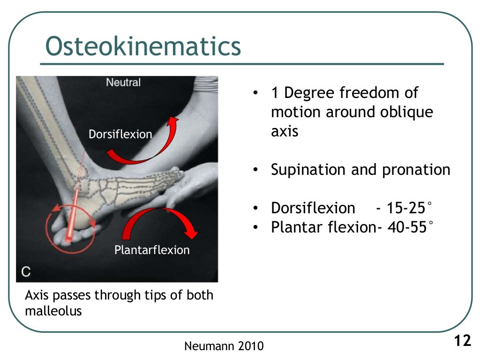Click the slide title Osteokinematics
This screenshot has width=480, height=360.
pos(143,46)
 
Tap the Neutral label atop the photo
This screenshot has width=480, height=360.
pos(123,82)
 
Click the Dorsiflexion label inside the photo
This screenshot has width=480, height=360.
pos(120,135)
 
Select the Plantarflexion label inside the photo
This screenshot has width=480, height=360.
pos(152,250)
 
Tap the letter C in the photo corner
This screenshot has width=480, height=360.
pos(26,271)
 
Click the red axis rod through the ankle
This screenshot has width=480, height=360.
pos(73,215)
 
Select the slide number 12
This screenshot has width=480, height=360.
pos(462,341)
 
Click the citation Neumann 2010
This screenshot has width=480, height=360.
pos(224,346)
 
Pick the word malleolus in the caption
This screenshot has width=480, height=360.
pos(53,311)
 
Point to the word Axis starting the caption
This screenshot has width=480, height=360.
pos(37,295)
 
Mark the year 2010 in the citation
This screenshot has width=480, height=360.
pos(251,346)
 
